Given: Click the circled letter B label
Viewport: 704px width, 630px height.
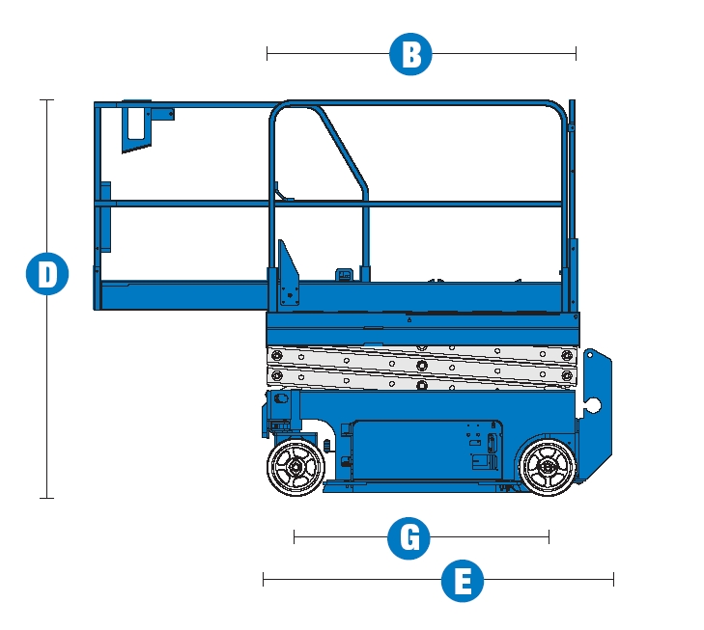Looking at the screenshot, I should click(410, 54).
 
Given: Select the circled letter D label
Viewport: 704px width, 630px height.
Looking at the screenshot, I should click(46, 275).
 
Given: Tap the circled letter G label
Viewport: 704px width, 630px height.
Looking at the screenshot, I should click(408, 537).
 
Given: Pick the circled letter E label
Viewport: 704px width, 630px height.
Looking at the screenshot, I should click(463, 583).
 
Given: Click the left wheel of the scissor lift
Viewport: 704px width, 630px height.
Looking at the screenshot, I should click(296, 467).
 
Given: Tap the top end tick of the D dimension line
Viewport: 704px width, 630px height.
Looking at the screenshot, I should click(46, 99).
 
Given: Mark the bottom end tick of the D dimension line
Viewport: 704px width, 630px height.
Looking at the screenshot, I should click(46, 498).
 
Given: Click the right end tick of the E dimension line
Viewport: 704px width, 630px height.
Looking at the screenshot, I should click(613, 579).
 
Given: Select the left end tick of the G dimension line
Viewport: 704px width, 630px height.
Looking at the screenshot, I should click(295, 536).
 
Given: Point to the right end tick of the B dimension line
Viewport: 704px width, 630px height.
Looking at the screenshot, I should click(576, 54).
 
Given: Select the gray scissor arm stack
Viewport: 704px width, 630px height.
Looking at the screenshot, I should click(423, 368).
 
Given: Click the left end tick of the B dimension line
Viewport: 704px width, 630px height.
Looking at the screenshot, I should click(268, 54).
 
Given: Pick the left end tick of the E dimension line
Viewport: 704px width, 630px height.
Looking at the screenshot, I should click(264, 579).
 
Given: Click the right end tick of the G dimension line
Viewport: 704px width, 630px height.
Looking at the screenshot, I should click(549, 536).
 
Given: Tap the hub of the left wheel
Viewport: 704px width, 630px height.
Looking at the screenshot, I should click(296, 467).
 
